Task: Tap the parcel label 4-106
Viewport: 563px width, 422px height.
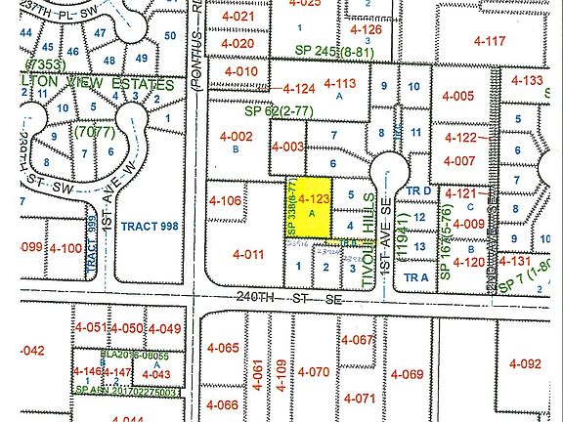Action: pos(224,201)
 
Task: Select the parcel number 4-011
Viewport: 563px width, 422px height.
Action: pos(249,254)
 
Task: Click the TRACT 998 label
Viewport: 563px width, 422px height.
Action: pos(148,226)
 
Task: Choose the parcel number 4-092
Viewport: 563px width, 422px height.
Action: pos(523,364)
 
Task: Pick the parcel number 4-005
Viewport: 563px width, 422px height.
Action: pos(456,96)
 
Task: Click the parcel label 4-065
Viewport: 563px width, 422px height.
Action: pos(224,348)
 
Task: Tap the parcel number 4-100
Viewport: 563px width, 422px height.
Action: pos(65,249)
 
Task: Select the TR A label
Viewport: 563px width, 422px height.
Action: pos(416,276)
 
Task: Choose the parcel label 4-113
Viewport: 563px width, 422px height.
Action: pos(341,84)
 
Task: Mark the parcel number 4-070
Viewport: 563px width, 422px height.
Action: pos(314,372)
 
